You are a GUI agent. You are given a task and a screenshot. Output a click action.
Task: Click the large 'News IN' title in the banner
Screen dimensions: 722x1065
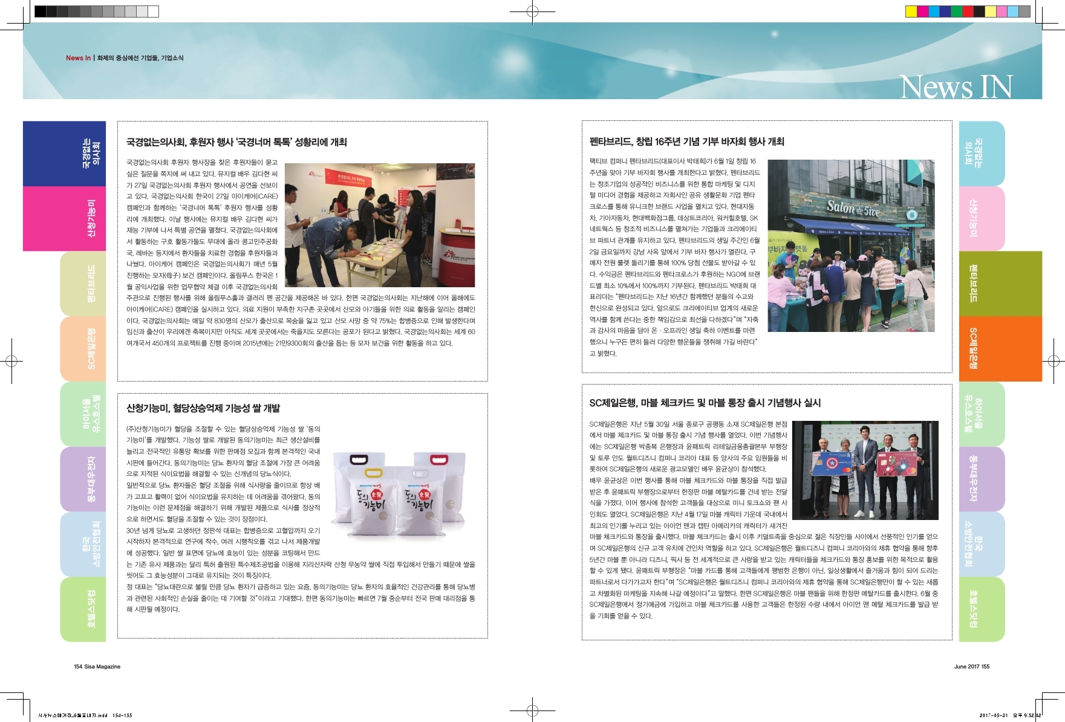tap(956, 87)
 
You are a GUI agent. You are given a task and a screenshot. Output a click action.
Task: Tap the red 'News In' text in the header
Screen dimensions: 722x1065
tap(78, 58)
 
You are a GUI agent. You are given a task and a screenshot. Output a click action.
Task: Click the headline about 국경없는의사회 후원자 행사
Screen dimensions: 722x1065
tap(236, 142)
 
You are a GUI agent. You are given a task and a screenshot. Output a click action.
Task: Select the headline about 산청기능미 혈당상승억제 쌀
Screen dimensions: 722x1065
tap(203, 408)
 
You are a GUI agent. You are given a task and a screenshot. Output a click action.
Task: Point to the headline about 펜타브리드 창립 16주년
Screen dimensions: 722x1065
tap(686, 141)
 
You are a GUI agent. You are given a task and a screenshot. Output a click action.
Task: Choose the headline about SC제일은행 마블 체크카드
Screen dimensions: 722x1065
tap(705, 403)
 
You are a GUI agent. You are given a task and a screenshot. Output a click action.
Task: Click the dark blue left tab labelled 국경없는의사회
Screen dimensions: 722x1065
tap(64, 154)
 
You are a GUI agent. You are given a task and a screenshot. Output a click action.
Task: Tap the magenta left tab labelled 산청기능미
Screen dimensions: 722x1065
tap(64, 218)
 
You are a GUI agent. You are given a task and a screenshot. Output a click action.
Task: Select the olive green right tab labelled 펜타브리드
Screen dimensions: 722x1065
tap(1000, 283)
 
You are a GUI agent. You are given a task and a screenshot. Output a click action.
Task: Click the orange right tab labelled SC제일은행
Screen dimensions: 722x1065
tap(1000, 348)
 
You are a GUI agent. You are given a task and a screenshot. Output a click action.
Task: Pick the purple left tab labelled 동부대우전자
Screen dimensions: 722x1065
tap(83, 479)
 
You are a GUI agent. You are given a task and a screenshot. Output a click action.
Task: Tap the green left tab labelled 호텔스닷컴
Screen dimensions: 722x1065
tap(83, 609)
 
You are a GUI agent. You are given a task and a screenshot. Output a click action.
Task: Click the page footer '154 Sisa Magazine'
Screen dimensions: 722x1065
tap(97, 666)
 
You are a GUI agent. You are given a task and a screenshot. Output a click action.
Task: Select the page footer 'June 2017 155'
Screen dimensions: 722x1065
tap(971, 666)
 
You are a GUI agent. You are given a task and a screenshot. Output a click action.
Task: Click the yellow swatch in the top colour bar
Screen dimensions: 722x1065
tap(911, 11)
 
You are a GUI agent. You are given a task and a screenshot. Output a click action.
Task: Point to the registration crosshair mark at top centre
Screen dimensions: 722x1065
tap(532, 11)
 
